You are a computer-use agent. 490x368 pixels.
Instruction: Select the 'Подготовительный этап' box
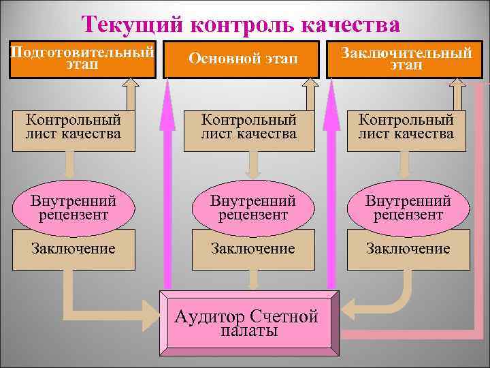coord(82,59)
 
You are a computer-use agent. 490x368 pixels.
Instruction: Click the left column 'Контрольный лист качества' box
coord(73,127)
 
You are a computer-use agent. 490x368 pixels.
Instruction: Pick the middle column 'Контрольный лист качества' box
coord(248,127)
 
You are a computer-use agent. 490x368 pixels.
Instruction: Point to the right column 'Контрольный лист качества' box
coord(406,127)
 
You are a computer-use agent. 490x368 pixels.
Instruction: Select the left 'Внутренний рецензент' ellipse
coord(73,207)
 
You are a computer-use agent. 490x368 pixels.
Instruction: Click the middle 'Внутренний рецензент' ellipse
coord(252,207)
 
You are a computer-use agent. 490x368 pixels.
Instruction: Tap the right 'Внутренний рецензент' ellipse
coord(408,207)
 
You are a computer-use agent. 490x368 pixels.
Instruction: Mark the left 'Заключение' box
coord(73,249)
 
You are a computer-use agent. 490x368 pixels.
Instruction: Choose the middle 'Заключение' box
coord(252,249)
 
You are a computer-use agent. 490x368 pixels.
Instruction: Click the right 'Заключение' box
coord(408,249)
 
